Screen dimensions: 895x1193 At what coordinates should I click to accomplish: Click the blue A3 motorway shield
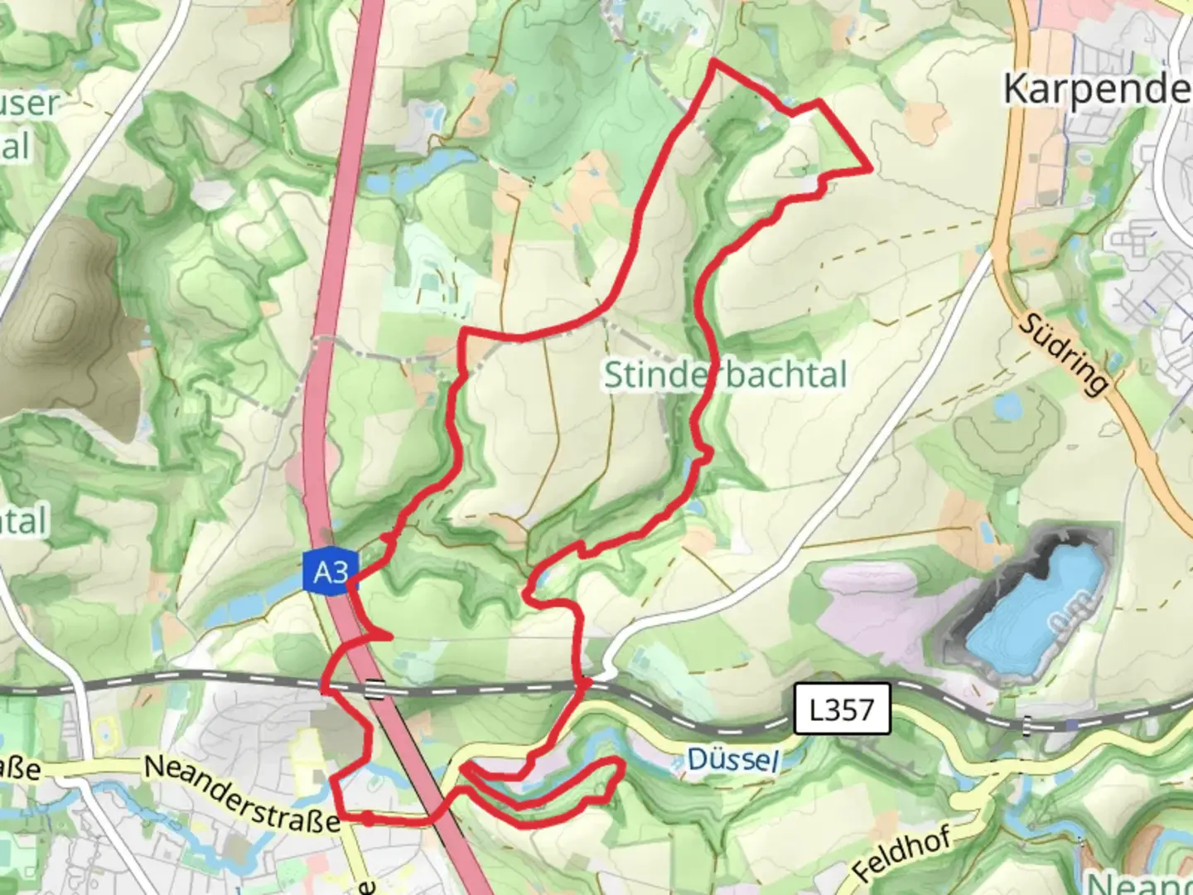pos(331,572)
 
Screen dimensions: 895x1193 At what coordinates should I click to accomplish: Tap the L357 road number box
pos(842,709)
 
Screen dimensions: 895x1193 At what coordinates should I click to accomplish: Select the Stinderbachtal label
pos(726,375)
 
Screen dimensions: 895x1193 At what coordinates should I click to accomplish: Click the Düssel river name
pos(733,759)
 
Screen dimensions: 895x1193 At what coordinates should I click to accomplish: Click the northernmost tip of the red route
pos(713,62)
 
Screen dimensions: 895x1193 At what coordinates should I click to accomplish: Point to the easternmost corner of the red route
pos(871,169)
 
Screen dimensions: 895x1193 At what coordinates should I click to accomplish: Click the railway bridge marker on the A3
pos(375,689)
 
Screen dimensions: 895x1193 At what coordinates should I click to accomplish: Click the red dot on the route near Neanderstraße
pos(367,819)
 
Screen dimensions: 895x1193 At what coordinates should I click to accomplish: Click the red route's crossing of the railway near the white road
pos(585,685)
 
